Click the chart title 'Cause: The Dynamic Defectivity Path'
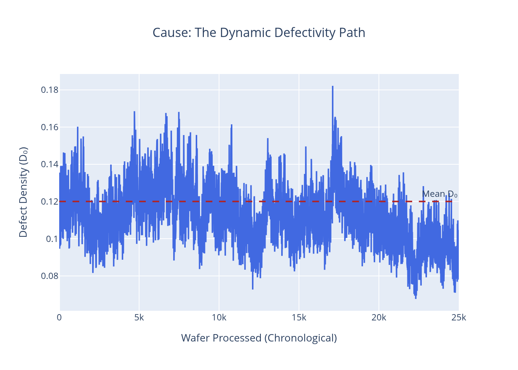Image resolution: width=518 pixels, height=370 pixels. point(259,33)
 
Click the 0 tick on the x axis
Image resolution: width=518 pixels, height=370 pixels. point(60,317)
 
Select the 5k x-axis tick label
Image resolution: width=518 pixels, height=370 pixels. point(139,317)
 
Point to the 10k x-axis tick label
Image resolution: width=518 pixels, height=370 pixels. point(219,317)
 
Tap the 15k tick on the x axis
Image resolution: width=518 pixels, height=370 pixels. point(299,317)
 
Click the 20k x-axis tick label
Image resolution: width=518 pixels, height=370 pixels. point(379,317)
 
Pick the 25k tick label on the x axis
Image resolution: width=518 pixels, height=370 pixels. point(458,317)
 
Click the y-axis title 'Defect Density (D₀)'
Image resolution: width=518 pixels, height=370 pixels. point(23,192)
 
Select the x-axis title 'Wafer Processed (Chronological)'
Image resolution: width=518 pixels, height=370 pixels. point(259,338)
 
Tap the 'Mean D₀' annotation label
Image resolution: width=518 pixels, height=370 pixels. point(440,194)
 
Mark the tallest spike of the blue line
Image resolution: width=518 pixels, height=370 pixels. point(333,87)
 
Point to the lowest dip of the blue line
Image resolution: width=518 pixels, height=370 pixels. point(416,298)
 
